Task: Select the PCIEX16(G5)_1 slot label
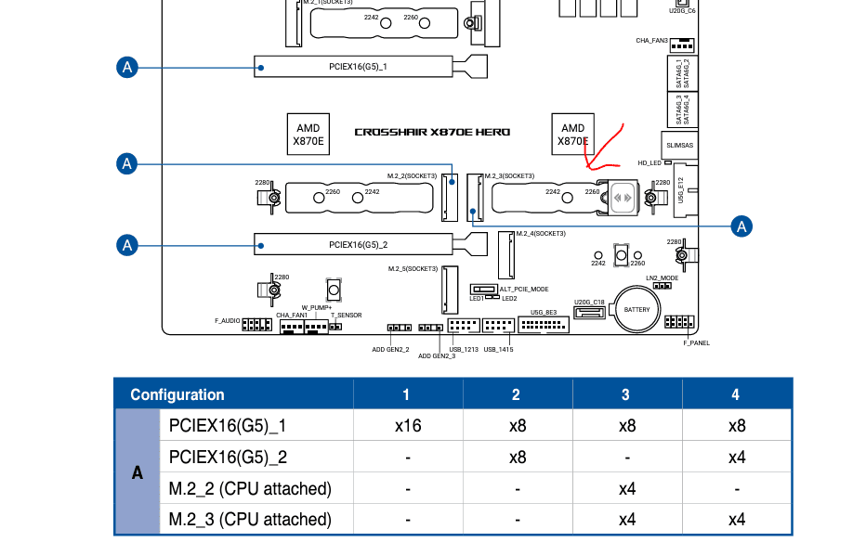click(358, 67)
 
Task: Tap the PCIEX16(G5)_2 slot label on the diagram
click(358, 245)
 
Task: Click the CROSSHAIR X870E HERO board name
click(432, 132)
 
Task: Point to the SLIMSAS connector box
click(679, 145)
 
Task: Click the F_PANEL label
click(697, 343)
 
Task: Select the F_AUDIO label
click(228, 320)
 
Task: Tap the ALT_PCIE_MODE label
click(524, 289)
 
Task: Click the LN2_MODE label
click(663, 278)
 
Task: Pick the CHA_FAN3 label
click(651, 40)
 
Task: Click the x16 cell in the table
click(408, 425)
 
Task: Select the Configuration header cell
click(177, 394)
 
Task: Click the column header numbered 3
click(625, 394)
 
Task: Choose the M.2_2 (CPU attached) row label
click(250, 488)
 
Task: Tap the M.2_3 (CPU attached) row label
click(250, 519)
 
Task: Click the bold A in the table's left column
click(138, 472)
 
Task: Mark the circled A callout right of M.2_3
click(741, 226)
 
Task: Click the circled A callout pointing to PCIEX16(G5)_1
click(127, 68)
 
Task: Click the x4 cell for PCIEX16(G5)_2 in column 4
click(737, 457)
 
